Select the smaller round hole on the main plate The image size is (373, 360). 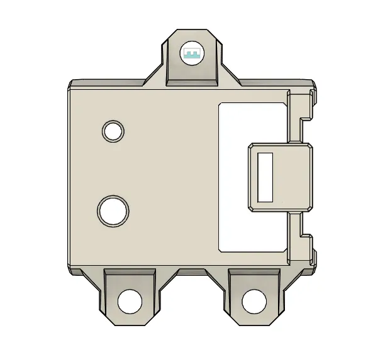click(x=113, y=131)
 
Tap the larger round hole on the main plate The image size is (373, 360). click(x=114, y=211)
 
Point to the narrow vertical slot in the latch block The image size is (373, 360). click(x=265, y=177)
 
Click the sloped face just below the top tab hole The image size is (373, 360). click(x=192, y=76)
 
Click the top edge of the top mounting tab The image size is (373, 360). click(x=192, y=29)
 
